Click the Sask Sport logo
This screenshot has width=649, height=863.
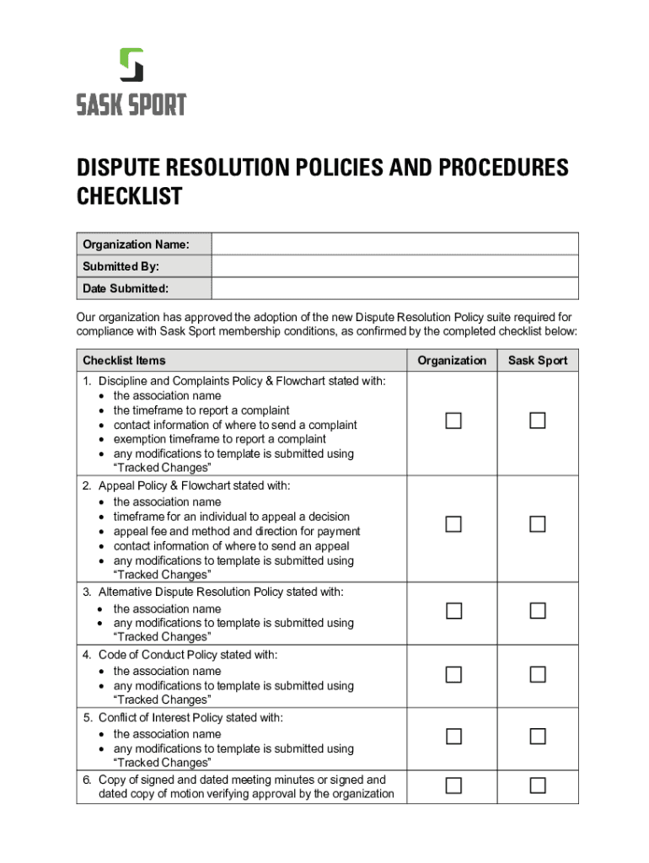click(x=131, y=82)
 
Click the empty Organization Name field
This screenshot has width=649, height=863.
click(x=394, y=244)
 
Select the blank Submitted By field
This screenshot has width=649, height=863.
click(x=394, y=266)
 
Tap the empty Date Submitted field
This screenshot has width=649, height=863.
click(x=394, y=288)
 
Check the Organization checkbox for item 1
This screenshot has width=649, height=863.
click(x=453, y=421)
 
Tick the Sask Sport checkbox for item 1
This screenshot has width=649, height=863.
click(x=538, y=421)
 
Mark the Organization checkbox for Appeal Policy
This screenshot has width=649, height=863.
click(x=453, y=524)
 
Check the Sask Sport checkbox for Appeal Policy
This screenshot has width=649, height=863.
click(x=538, y=524)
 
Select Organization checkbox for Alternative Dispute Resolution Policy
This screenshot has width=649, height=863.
click(x=453, y=611)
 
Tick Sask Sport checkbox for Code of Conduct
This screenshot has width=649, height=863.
click(x=538, y=674)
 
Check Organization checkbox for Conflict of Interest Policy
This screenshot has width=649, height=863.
click(x=453, y=737)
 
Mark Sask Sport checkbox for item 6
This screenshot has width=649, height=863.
click(x=538, y=785)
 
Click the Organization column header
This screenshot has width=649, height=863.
click(x=453, y=361)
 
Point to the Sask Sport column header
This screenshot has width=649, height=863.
click(x=538, y=361)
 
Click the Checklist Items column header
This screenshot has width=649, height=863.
click(x=124, y=361)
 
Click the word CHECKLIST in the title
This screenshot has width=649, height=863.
click(x=129, y=196)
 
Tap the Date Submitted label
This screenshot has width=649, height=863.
click(x=126, y=288)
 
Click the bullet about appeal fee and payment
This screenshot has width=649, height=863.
click(x=237, y=531)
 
